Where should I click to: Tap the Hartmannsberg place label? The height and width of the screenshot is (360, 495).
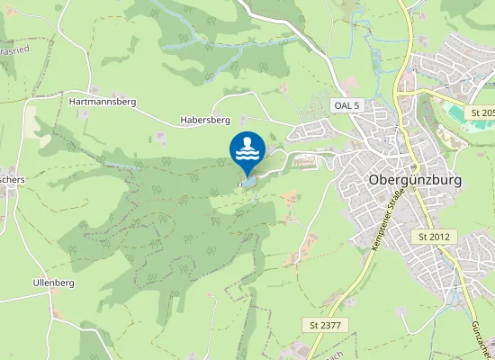point(102,102)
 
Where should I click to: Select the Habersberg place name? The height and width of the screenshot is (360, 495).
point(205,120)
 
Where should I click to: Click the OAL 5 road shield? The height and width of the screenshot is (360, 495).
point(346,105)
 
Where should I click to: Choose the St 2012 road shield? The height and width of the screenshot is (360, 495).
point(437,236)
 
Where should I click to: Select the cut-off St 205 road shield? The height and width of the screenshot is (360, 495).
point(481,112)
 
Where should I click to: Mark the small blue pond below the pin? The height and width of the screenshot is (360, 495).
point(248,181)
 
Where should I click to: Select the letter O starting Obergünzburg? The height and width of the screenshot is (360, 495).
point(374,179)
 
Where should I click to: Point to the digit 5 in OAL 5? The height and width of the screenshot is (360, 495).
point(356,105)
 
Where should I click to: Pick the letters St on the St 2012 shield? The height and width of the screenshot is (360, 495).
point(425,236)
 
